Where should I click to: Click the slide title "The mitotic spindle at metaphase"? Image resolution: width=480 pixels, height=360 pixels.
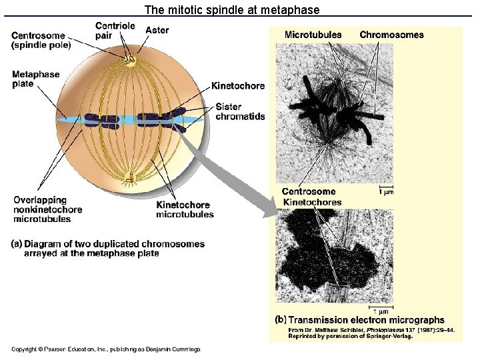232,10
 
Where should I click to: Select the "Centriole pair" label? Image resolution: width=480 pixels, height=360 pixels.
115,31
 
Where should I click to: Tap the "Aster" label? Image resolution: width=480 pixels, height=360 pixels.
157,30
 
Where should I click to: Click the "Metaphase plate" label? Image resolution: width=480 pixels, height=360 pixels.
35,79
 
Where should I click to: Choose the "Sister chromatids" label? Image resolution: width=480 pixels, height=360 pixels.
240,111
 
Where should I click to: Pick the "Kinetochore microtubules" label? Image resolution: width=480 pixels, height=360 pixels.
185,209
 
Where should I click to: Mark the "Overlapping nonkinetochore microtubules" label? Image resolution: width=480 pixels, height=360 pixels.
47,209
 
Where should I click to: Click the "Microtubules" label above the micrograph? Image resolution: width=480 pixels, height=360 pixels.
313,35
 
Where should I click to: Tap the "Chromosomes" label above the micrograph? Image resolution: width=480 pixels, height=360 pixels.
391,35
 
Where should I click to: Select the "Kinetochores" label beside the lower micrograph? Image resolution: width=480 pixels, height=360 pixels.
312,202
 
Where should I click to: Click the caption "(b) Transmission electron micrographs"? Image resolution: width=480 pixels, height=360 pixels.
360,321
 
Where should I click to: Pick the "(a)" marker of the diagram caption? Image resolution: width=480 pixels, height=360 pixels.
17,244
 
